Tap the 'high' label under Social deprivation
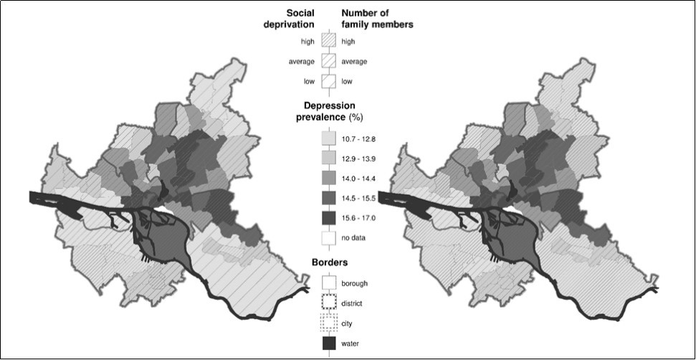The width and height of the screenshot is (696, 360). pos(308,42)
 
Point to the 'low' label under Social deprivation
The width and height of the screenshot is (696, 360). pos(309,81)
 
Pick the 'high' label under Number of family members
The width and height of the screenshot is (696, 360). pos(349,42)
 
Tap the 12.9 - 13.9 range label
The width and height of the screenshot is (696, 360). pos(358,156)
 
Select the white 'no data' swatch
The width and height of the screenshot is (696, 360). pos(329,237)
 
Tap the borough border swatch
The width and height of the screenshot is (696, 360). pos(329,283)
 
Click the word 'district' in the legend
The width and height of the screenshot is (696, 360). pos(352,303)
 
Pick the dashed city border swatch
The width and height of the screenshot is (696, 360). pos(329,323)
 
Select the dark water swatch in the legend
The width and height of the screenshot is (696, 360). pos(329,344)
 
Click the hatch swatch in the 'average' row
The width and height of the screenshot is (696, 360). pos(329,62)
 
